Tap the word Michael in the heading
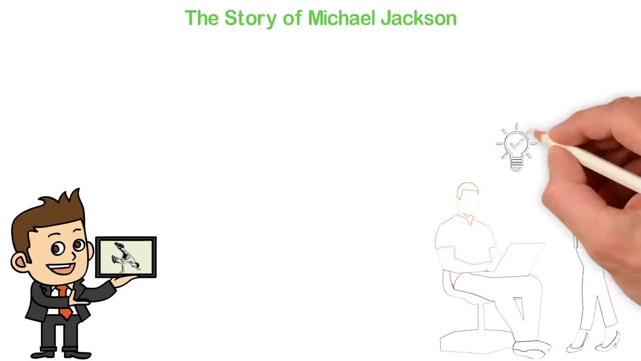coord(342,18)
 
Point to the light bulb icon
coord(517,147)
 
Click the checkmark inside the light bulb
coord(517,143)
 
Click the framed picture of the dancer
coord(126,257)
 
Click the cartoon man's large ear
coord(19,262)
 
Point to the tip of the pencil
coord(532,132)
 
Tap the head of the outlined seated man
coord(468,199)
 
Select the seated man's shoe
coord(532,349)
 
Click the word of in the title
coord(292,18)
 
